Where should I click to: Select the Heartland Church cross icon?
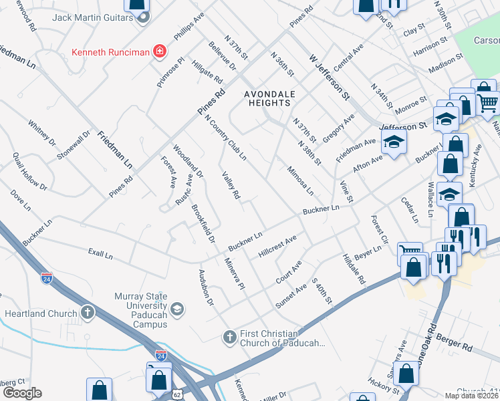pyautogui.click(x=88, y=313)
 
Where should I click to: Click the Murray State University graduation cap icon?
pyautogui.click(x=176, y=308)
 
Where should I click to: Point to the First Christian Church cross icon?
pyautogui.click(x=229, y=337)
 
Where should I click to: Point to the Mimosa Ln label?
pyautogui.click(x=299, y=180)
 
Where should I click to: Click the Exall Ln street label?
pyautogui.click(x=100, y=255)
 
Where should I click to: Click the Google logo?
pyautogui.click(x=21, y=393)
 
